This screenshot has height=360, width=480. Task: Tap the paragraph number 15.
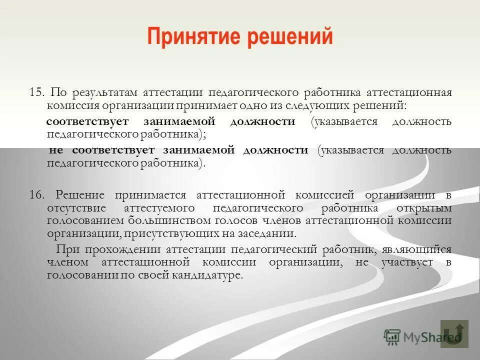37,93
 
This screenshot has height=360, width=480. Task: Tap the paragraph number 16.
37,194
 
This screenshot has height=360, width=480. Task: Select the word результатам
105,93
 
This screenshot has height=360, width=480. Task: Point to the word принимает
200,106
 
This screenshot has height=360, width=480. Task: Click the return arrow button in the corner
454,333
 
